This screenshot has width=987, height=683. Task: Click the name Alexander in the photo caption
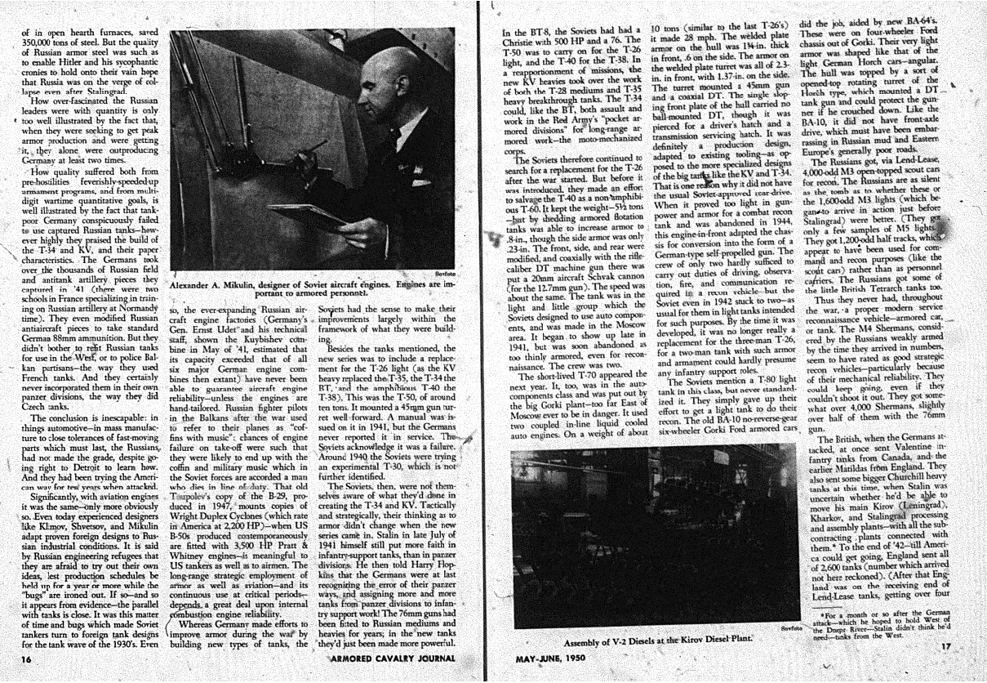click(x=194, y=286)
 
